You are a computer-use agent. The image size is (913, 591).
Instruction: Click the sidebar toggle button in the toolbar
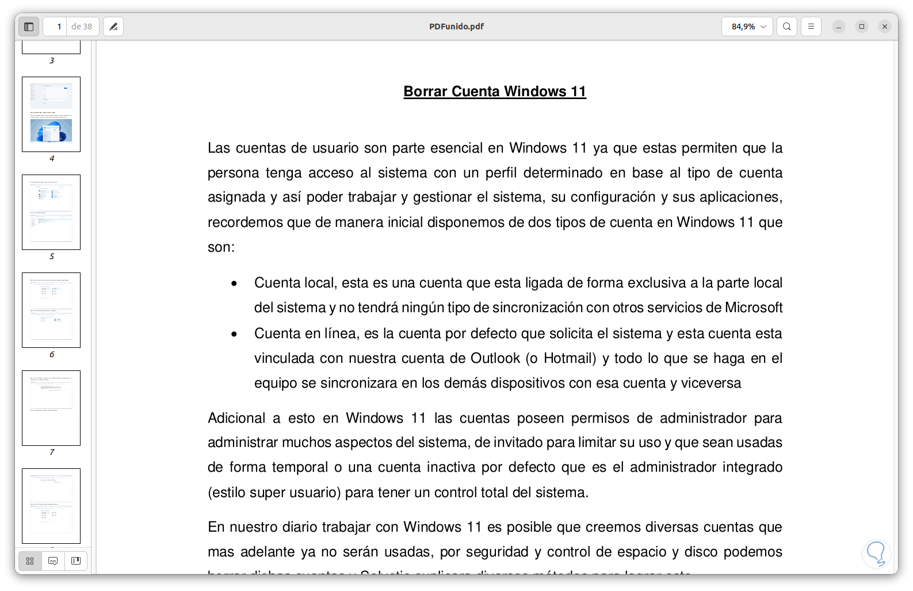click(x=29, y=26)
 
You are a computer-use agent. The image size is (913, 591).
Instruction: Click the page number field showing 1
click(x=56, y=26)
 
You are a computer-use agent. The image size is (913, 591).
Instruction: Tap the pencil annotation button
click(x=113, y=26)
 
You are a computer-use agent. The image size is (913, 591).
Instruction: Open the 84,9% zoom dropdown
click(x=747, y=26)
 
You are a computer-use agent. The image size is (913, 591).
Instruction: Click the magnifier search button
click(x=786, y=26)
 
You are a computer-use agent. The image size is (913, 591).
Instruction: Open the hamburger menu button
click(x=811, y=26)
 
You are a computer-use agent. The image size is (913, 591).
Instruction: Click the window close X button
click(x=884, y=26)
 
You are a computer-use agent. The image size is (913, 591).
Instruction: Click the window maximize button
click(x=861, y=26)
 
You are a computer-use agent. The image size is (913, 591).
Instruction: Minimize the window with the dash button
click(x=838, y=26)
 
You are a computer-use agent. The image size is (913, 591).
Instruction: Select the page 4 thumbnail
click(x=51, y=114)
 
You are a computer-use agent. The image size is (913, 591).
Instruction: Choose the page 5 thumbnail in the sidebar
click(x=51, y=212)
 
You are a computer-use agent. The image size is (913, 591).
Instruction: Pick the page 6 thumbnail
click(x=51, y=310)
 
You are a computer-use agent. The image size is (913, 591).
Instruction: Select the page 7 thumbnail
click(x=51, y=408)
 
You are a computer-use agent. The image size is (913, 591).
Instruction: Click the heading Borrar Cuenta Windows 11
click(x=495, y=92)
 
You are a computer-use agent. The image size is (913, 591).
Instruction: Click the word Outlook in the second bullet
click(x=495, y=358)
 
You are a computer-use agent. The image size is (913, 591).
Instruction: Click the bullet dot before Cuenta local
click(x=234, y=283)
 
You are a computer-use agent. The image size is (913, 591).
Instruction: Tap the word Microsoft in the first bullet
click(x=753, y=308)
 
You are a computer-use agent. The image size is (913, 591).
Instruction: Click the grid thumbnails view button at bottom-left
click(x=30, y=561)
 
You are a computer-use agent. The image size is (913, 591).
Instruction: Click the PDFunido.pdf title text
click(x=456, y=26)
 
